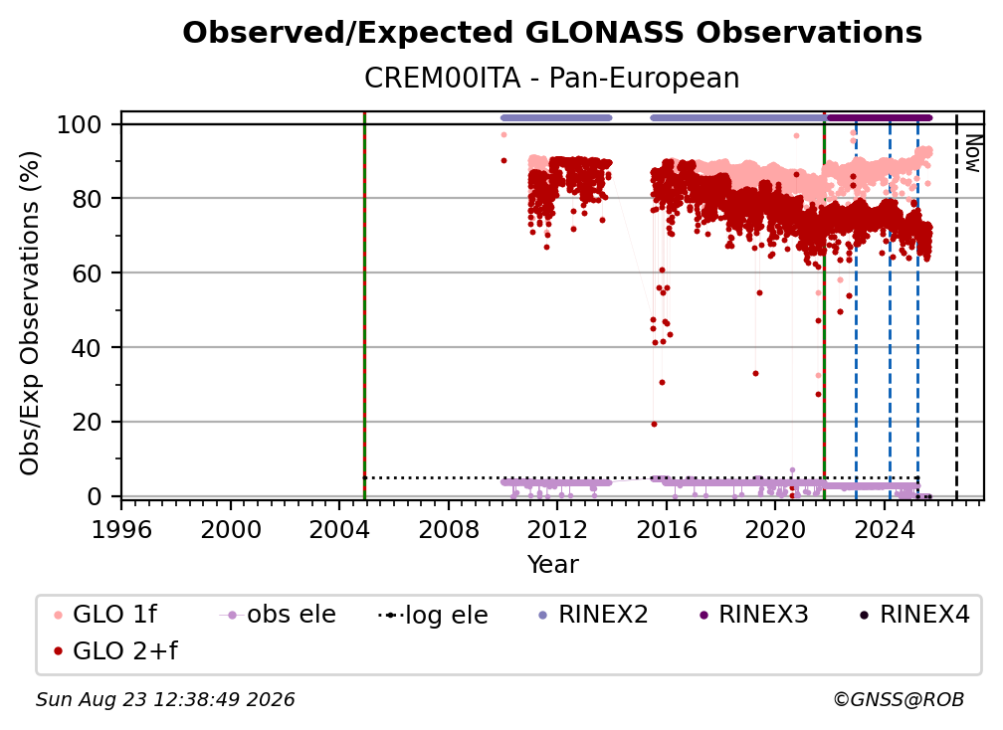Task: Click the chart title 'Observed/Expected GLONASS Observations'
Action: click(x=552, y=33)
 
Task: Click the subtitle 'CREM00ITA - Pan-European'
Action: click(x=552, y=79)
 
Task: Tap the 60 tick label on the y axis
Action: click(x=87, y=273)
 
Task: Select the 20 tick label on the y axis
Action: click(x=87, y=422)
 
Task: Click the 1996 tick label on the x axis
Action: click(x=121, y=530)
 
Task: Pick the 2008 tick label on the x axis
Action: click(x=449, y=530)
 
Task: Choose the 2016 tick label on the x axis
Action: click(x=667, y=530)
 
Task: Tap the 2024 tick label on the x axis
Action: click(x=884, y=530)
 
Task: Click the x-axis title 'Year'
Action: click(x=552, y=565)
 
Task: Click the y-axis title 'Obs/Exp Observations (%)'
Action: click(x=30, y=313)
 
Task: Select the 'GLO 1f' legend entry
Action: click(x=105, y=615)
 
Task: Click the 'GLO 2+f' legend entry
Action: click(x=115, y=650)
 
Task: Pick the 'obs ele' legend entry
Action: click(x=278, y=615)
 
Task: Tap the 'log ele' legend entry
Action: click(x=433, y=615)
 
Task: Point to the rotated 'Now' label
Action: click(x=972, y=153)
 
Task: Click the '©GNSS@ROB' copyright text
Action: click(x=899, y=700)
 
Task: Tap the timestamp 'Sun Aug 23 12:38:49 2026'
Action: click(x=165, y=700)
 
